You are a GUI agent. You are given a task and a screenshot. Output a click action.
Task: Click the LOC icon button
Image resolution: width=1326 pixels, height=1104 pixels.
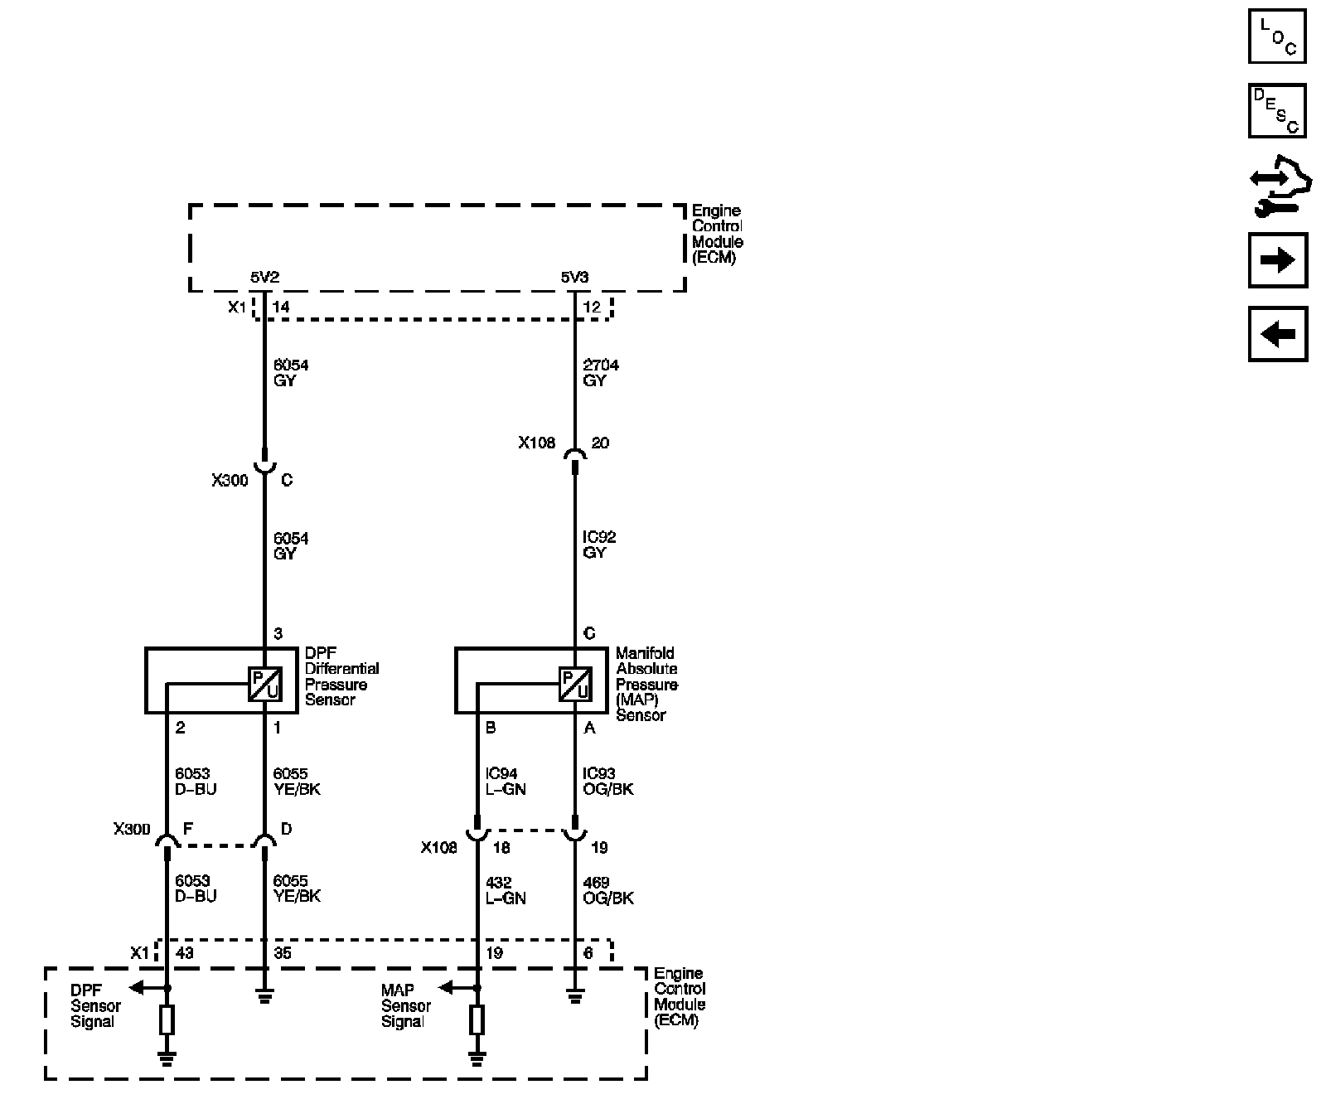click(1276, 36)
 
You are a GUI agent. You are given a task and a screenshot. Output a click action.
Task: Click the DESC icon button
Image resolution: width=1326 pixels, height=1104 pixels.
click(1276, 110)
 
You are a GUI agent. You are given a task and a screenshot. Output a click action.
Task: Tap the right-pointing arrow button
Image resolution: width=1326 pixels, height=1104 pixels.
click(1277, 261)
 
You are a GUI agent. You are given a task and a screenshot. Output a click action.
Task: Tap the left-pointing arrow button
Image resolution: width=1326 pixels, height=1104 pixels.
click(1277, 334)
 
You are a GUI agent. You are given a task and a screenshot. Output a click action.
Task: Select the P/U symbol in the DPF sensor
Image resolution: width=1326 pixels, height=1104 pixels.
click(264, 684)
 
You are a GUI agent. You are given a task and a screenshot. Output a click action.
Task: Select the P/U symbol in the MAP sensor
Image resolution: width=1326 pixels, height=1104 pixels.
click(575, 684)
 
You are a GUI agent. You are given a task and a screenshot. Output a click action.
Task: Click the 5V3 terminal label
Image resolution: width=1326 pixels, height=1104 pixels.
click(574, 277)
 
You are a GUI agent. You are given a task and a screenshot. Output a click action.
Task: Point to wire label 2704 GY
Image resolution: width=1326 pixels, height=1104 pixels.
click(601, 373)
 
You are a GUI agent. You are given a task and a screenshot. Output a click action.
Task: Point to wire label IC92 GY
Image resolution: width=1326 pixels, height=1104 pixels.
click(599, 545)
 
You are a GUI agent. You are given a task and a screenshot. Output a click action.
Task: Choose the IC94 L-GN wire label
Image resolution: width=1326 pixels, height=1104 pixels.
click(506, 782)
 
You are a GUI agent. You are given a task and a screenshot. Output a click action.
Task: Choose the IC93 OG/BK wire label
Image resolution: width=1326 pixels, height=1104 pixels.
click(607, 782)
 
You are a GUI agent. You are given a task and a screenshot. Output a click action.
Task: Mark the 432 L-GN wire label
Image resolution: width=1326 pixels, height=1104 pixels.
click(506, 890)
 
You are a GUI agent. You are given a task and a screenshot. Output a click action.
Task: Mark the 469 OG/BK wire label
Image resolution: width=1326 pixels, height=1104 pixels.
click(607, 890)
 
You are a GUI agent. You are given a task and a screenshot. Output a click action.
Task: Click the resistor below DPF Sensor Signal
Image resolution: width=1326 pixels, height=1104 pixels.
click(167, 1020)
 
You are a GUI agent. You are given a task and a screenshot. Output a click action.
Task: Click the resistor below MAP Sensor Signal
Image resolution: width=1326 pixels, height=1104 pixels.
click(477, 1020)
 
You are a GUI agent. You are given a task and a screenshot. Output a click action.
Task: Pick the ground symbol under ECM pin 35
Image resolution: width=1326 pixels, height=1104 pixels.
click(264, 997)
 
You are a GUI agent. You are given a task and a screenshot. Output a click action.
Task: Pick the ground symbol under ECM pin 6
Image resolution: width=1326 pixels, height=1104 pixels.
click(574, 997)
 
